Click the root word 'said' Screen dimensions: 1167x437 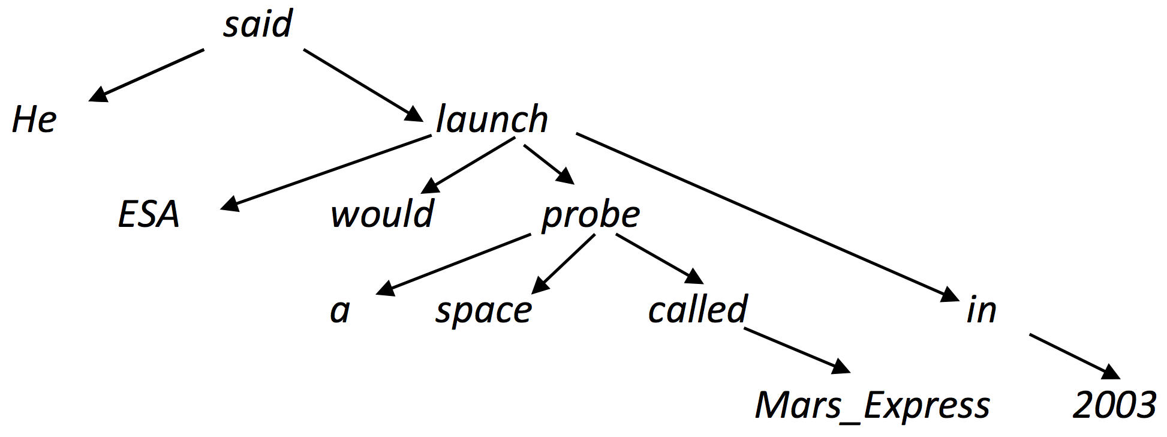258,24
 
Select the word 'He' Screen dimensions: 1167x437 34,119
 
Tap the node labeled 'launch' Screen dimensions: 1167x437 492,118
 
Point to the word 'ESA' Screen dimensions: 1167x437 149,214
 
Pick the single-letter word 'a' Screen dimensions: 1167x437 340,311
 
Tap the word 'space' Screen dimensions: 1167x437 483,312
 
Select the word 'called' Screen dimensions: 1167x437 697,309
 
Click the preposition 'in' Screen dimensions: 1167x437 982,310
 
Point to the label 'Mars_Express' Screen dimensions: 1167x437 873,405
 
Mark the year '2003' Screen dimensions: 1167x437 1114,405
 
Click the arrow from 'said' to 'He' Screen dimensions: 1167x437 146,76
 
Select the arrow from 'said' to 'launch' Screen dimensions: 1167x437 363,85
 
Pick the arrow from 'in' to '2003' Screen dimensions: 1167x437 1075,357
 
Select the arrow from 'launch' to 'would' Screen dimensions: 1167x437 468,166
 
